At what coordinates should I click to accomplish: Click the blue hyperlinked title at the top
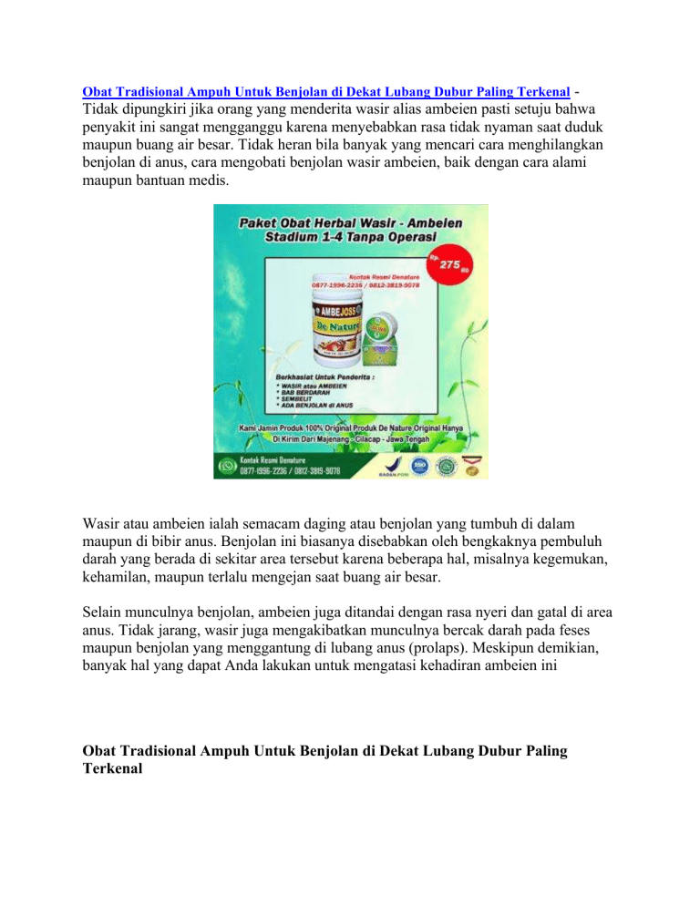[326, 92]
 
